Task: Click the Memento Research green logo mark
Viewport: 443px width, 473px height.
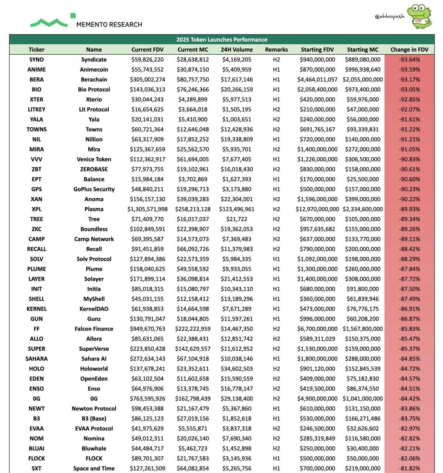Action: [52, 21]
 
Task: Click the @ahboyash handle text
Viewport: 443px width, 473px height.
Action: [389, 16]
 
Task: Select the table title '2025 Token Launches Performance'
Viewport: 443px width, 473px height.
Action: [222, 40]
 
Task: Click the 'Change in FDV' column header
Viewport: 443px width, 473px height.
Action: [409, 50]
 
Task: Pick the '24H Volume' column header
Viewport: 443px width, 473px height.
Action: [237, 50]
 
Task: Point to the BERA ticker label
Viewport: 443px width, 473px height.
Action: [37, 79]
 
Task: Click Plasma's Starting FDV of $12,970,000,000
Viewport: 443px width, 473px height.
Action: [317, 209]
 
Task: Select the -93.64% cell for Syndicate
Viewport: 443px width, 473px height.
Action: [409, 59]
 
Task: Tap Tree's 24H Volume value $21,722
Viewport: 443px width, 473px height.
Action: [237, 219]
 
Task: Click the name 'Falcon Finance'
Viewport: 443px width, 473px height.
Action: [94, 329]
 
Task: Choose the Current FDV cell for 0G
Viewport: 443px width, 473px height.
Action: [147, 399]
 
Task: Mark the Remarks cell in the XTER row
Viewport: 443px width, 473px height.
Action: [276, 99]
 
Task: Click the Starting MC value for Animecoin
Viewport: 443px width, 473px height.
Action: [362, 69]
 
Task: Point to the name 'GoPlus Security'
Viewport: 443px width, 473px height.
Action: [94, 189]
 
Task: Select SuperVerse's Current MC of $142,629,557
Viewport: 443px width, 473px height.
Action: [193, 349]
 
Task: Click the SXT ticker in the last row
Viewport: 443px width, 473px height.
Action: [37, 468]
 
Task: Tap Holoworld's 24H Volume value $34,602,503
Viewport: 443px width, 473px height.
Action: [237, 369]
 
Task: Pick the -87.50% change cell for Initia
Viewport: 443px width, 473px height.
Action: [409, 289]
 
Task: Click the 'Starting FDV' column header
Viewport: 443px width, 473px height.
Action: [317, 50]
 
